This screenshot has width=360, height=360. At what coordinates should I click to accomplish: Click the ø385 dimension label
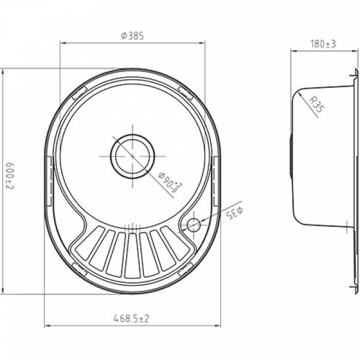pyautogui.click(x=133, y=36)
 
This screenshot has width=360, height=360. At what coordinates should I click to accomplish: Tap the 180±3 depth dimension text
pyautogui.click(x=323, y=44)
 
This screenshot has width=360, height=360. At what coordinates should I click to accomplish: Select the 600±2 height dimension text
pyautogui.click(x=10, y=176)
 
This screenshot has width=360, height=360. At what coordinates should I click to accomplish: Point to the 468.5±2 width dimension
pyautogui.click(x=131, y=318)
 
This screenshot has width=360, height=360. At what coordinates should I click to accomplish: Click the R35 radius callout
pyautogui.click(x=317, y=104)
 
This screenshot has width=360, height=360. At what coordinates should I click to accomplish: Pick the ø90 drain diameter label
pyautogui.click(x=170, y=182)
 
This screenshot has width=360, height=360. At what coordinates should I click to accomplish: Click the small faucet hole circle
pyautogui.click(x=193, y=225)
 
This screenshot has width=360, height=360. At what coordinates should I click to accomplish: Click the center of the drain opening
pyautogui.click(x=133, y=156)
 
